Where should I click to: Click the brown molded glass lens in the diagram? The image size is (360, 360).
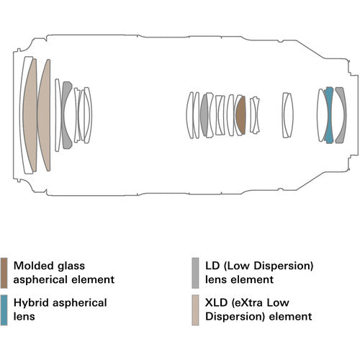(240, 115)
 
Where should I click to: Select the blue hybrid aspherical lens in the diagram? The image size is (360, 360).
(328, 115)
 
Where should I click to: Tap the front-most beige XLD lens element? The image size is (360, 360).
(30, 115)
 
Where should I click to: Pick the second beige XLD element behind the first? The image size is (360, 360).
(45, 115)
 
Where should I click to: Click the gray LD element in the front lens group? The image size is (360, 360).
(67, 115)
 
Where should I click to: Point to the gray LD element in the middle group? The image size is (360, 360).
(204, 115)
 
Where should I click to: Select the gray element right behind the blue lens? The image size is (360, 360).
(336, 115)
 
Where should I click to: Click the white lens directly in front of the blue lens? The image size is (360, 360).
(320, 115)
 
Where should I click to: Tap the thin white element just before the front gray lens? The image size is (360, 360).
(58, 115)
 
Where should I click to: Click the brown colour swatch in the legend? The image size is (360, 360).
(5, 271)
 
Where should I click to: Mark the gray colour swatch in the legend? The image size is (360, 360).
(195, 271)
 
